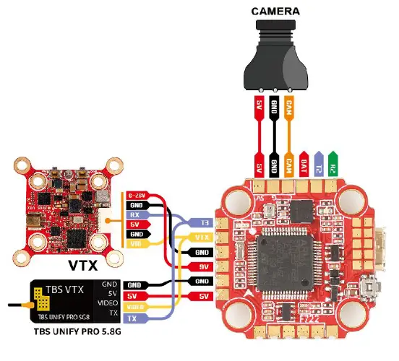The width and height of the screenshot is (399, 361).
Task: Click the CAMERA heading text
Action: point(273,11)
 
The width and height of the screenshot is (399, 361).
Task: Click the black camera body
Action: point(274,58)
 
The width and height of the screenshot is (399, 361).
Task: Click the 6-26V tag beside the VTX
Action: point(137,194)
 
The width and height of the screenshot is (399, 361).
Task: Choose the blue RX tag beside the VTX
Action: point(137,214)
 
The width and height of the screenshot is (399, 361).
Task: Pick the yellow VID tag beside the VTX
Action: point(137,244)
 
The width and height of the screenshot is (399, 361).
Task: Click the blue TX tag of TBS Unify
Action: point(132,318)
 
